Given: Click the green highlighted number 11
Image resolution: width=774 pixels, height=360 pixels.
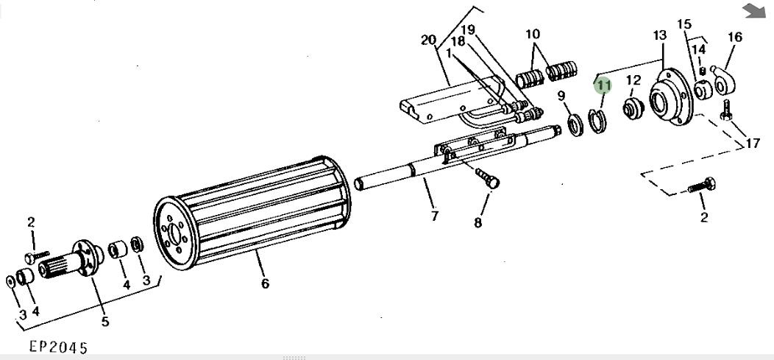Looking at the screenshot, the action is click(x=603, y=86).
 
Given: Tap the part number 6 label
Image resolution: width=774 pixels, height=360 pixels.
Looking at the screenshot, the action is click(x=265, y=283).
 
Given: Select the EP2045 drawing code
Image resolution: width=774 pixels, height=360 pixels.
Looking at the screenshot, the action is click(x=58, y=347).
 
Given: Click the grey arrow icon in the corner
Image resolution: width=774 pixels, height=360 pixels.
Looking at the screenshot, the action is click(x=754, y=11).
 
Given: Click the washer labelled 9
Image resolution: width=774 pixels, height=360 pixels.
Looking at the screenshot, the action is click(x=575, y=124).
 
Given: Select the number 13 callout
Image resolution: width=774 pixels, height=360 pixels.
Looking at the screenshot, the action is click(x=659, y=35).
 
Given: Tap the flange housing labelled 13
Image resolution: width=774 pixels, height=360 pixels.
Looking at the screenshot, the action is click(x=670, y=96).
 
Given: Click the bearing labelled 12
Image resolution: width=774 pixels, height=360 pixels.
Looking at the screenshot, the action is click(x=633, y=108).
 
